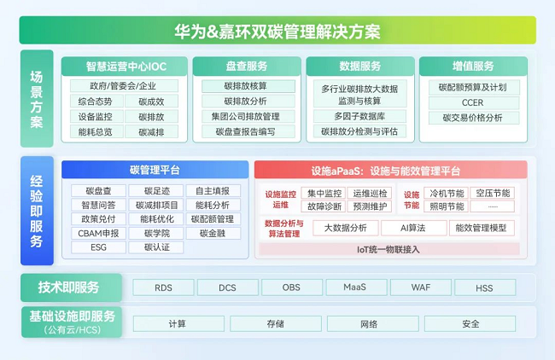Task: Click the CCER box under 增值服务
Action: coord(474,102)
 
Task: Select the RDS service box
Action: coord(163,287)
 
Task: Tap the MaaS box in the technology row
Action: coord(356,287)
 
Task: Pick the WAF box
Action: coord(420,287)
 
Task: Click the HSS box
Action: coord(485,287)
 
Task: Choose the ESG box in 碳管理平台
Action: coord(98,247)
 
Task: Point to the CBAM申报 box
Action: coord(98,234)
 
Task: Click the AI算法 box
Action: coord(413,228)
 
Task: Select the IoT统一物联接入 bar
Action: coord(389,249)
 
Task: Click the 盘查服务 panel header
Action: coord(247,67)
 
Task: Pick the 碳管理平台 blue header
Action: coord(155,170)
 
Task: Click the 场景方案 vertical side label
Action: coord(37,99)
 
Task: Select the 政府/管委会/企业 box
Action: coord(124,86)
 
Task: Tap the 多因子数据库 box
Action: coord(360,116)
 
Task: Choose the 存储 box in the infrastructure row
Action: coord(276,323)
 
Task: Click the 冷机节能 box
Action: coord(447,193)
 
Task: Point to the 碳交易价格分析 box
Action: coord(474,118)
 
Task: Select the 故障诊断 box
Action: coord(324,206)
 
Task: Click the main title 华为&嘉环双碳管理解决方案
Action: coord(277,31)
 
